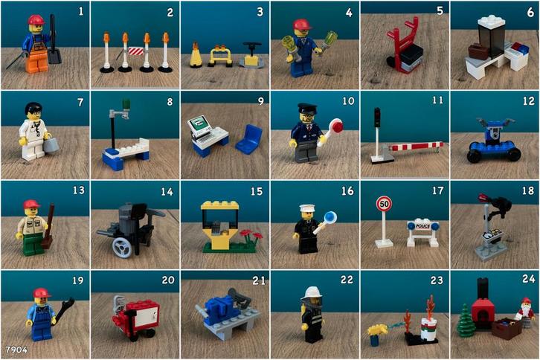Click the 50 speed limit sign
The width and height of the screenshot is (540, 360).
click(384, 203)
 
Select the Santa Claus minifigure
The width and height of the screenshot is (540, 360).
click(525, 310)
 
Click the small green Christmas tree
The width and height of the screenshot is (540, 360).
click(466, 321)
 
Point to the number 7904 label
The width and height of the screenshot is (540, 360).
click(16, 348)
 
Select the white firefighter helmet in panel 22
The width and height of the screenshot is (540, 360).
click(310, 294)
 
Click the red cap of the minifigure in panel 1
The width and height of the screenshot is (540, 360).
click(36, 20)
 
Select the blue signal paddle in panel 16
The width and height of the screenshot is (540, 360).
click(330, 217)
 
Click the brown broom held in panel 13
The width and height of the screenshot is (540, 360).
click(48, 227)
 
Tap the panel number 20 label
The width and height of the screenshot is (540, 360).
click(168, 280)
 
